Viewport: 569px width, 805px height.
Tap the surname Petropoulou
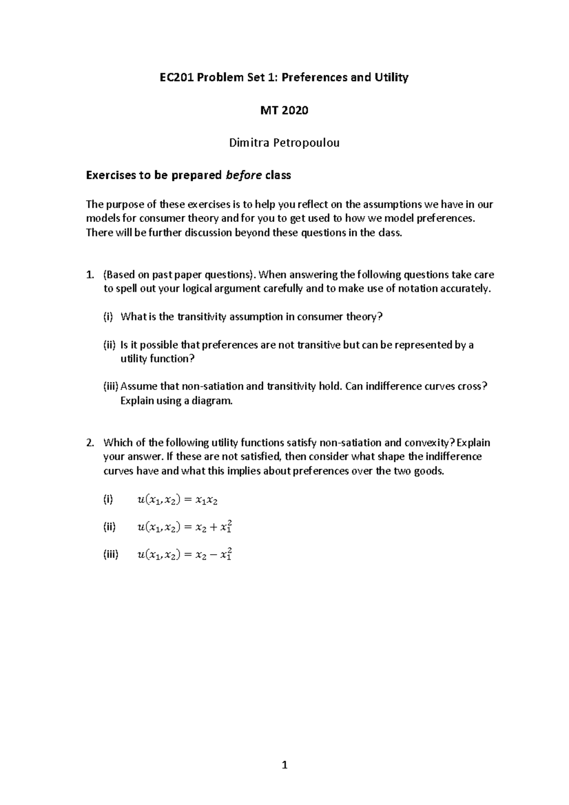310,143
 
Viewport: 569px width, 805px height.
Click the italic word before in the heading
244,175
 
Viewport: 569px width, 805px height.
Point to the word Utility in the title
391,77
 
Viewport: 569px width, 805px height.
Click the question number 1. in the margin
90,275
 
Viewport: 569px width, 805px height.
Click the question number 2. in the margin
90,443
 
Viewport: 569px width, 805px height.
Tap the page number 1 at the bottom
284,765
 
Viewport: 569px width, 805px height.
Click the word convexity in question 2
429,443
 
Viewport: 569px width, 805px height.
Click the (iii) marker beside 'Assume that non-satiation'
111,386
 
